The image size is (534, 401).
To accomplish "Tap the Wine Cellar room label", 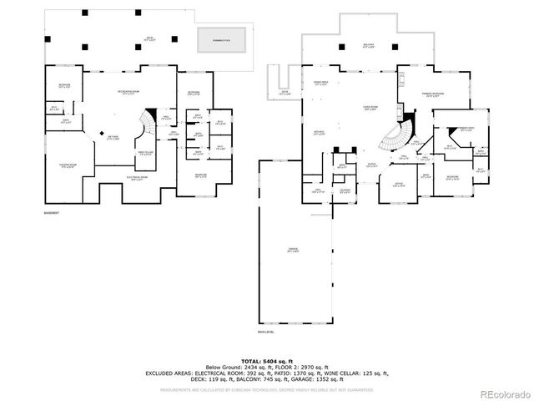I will click(x=145, y=154).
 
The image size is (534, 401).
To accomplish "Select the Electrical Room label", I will click(x=137, y=177).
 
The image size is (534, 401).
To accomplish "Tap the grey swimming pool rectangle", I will click(x=221, y=38).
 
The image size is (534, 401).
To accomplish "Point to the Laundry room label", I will click(x=344, y=191).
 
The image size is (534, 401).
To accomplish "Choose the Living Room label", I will click(x=371, y=107).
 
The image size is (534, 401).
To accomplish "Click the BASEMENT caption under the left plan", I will click(x=52, y=214).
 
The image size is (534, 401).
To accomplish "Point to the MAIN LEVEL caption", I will click(x=268, y=332).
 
